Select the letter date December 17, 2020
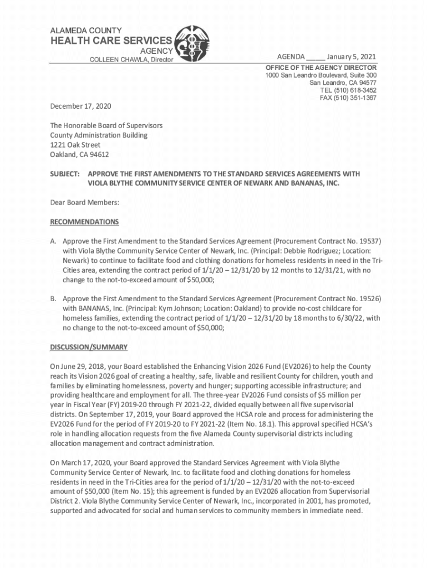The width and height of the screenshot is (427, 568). [82, 104]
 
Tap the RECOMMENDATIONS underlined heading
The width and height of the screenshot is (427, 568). [84, 222]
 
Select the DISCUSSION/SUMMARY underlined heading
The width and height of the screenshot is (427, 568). [89, 347]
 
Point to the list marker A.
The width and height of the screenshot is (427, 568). [54, 242]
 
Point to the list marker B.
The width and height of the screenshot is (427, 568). [54, 298]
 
